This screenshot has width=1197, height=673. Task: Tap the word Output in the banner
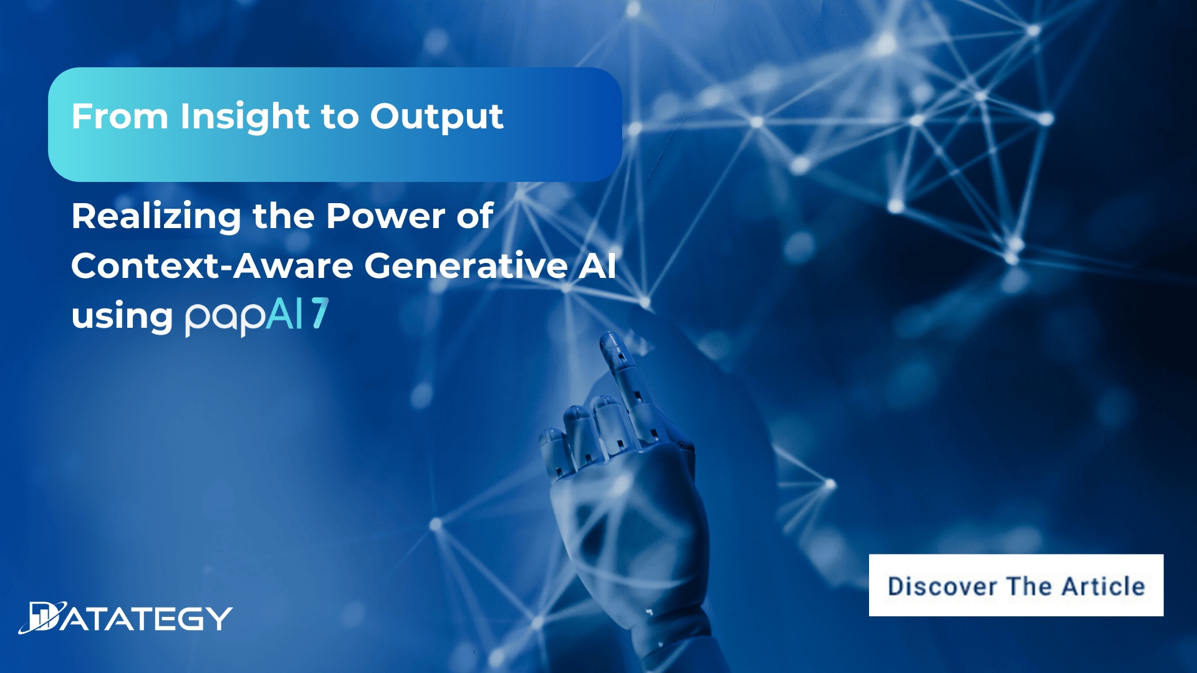436,117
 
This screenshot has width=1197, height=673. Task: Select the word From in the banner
120,117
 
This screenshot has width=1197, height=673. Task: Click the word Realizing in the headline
156,217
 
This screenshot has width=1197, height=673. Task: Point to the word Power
385,216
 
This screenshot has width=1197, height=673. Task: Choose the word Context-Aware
212,266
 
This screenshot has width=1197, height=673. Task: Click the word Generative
466,266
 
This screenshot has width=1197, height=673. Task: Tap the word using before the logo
122,317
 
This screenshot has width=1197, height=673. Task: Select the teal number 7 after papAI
320,313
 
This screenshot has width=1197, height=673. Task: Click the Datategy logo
125,618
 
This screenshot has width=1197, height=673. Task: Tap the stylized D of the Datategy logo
44,618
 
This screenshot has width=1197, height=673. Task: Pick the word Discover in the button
942,586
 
